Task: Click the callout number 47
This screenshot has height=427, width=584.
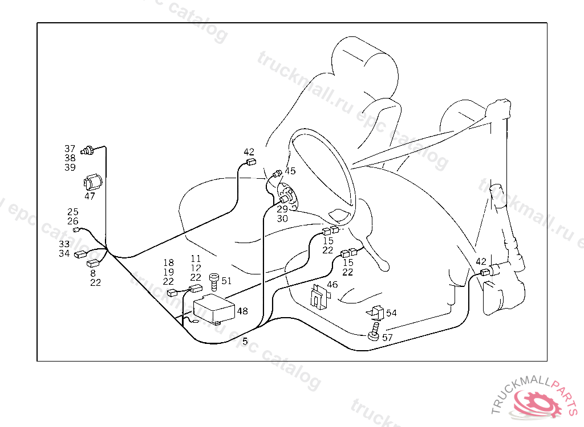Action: click(90, 196)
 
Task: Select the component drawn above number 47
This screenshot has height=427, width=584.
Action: click(92, 182)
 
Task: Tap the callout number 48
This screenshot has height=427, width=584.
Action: click(242, 311)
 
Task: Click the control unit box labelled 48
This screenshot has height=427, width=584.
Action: click(214, 309)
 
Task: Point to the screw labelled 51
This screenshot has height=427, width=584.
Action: click(215, 281)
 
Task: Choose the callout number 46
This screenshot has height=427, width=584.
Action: click(332, 285)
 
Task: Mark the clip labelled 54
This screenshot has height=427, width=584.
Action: click(375, 313)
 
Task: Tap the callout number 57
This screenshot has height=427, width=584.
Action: click(388, 338)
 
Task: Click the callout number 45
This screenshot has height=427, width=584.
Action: click(290, 171)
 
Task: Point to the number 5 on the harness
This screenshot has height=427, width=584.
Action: click(245, 342)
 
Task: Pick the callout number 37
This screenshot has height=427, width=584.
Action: click(70, 149)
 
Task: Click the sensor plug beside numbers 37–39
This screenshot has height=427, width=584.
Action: click(88, 151)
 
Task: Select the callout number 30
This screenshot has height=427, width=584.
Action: click(282, 219)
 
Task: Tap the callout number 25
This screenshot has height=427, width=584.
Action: click(72, 212)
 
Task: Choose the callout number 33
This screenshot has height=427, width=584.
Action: click(64, 244)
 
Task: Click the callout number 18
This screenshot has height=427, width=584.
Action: click(168, 262)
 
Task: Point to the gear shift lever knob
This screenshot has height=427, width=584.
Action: click(384, 265)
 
